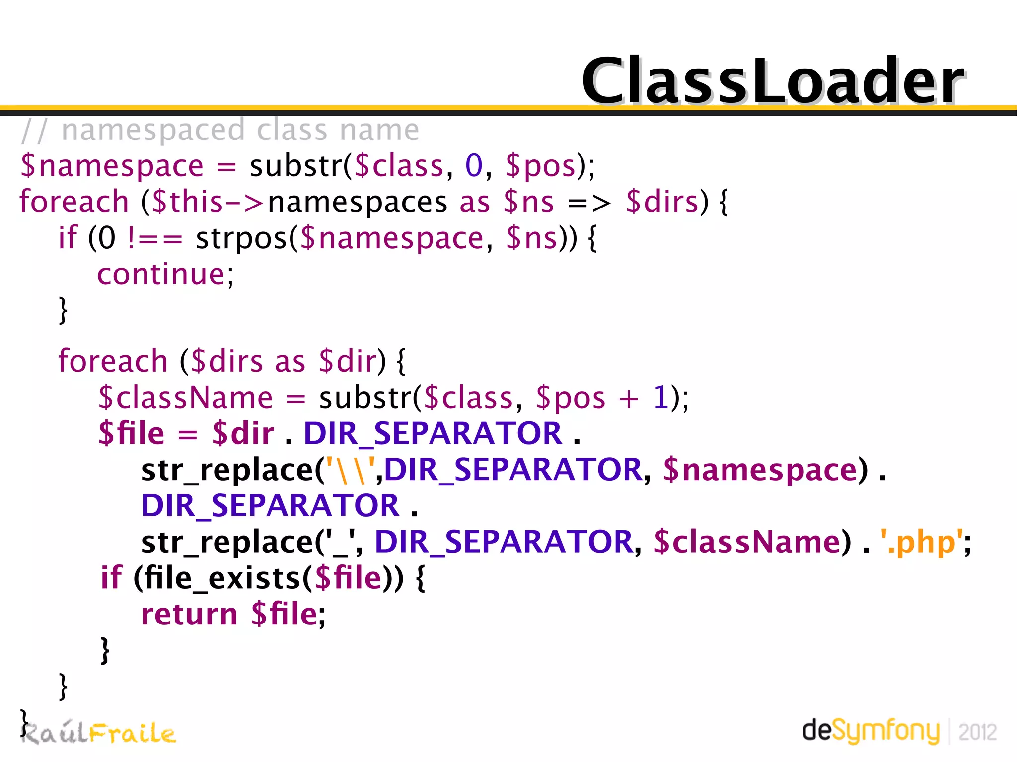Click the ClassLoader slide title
[773, 80]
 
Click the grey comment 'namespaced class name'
[240, 130]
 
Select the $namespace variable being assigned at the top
[112, 166]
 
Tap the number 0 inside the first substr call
[474, 166]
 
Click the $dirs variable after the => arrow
[662, 202]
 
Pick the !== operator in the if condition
[154, 238]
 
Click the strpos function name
[241, 238]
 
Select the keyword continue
[161, 274]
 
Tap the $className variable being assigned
[186, 398]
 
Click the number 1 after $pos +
[660, 398]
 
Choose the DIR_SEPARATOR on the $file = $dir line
[433, 433]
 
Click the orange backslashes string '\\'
[351, 470]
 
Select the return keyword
[189, 614]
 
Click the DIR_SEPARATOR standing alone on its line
[270, 506]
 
